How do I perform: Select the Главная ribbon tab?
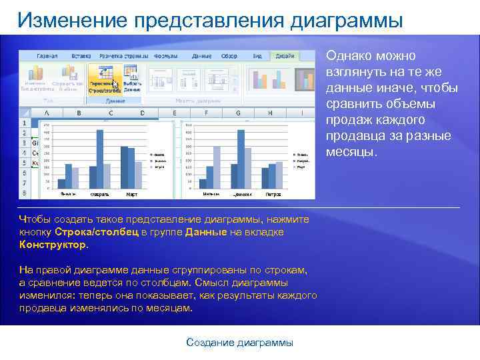[x=47, y=56]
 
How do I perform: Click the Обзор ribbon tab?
[x=229, y=56]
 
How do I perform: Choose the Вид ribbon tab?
[x=257, y=56]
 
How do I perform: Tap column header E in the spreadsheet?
[x=175, y=113]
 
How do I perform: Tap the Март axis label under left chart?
[x=131, y=195]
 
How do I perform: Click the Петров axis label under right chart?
[x=273, y=195]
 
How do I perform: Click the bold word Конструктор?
[x=53, y=245]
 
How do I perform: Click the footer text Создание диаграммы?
[x=239, y=342]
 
